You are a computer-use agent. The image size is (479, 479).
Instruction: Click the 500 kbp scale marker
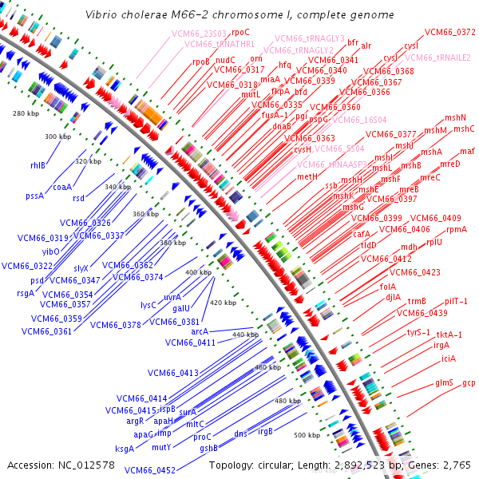306,435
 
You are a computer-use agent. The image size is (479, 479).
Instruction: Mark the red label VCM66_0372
449,32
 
